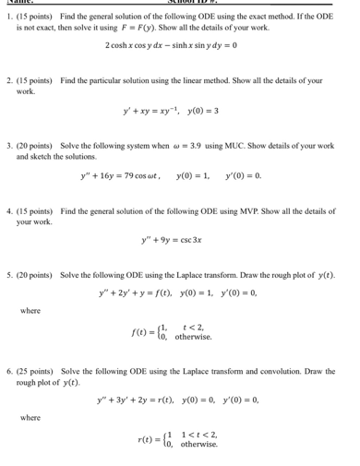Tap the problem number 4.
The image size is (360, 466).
tap(8, 211)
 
